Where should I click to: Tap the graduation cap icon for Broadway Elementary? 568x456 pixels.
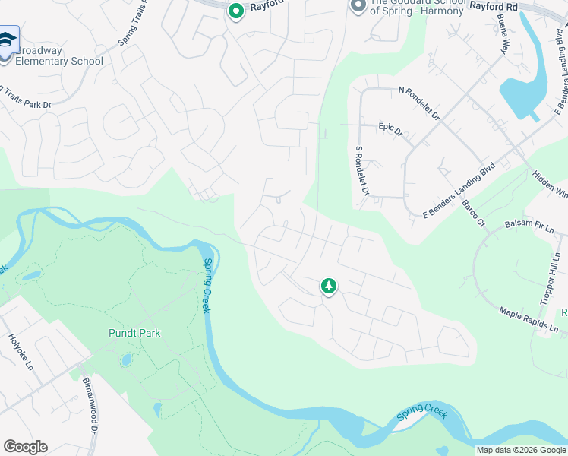click(8, 40)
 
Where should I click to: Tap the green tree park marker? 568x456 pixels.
click(328, 287)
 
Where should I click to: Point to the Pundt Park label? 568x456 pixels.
click(134, 333)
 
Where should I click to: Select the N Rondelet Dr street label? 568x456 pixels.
click(419, 103)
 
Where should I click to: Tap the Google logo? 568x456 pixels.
click(25, 447)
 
